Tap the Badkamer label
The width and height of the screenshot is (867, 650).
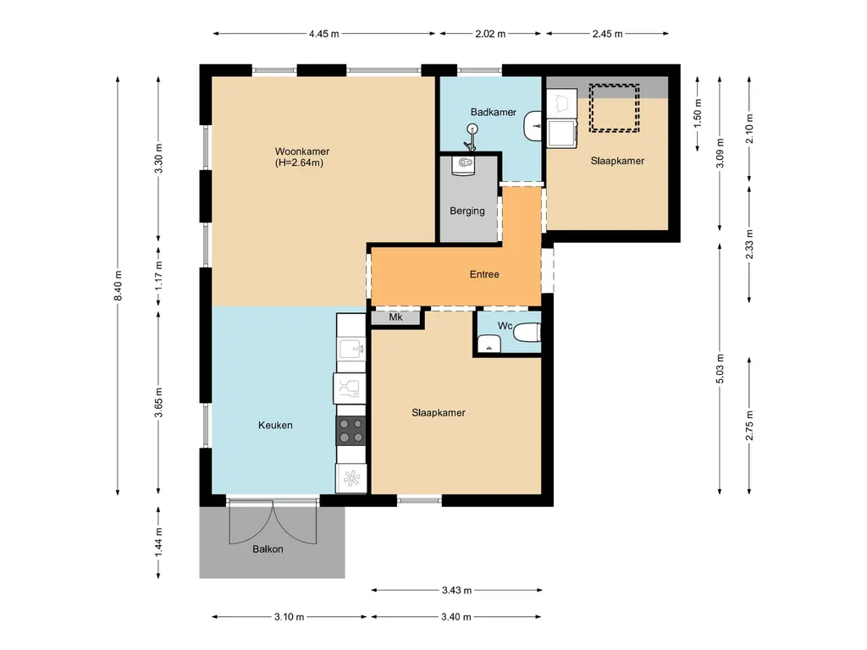493,112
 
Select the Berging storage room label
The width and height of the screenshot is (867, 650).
467,211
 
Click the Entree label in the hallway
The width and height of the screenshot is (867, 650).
484,274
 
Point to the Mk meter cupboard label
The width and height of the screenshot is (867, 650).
395,318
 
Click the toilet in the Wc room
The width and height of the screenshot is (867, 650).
526,333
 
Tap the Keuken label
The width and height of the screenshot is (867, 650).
275,425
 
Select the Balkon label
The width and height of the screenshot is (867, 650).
267,548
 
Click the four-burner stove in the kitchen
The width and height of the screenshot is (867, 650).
351,431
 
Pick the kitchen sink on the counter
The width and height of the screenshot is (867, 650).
351,348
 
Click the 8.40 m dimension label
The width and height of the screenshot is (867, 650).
119,285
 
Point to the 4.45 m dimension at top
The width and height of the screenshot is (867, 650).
323,34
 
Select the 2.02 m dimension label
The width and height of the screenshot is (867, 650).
490,34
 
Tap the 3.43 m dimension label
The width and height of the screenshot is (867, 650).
456,590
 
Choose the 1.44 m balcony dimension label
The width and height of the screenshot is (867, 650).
158,542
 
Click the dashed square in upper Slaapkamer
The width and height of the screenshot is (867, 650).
614,107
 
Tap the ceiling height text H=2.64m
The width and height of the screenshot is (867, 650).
299,162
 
